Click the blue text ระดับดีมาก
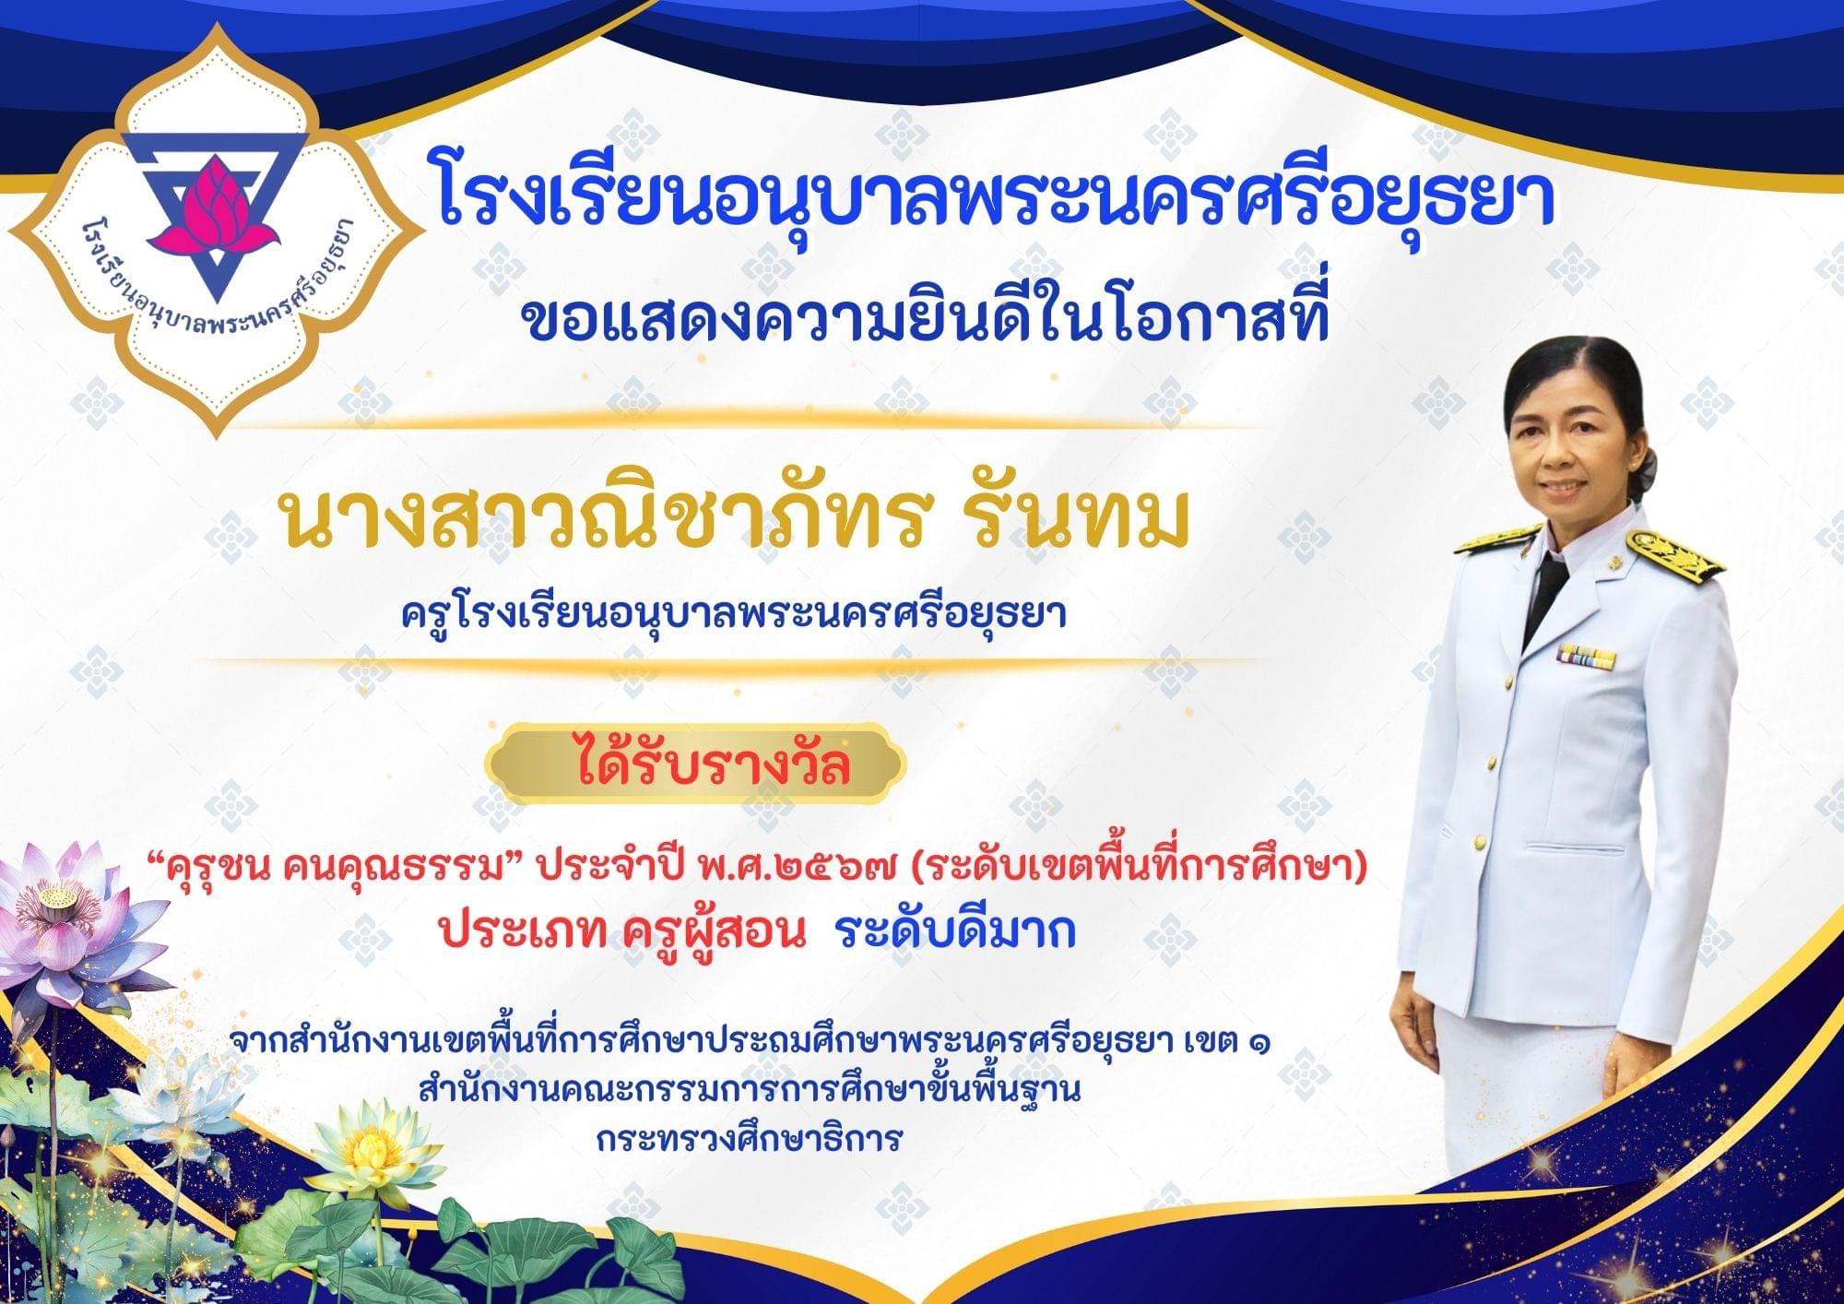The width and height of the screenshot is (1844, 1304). pyautogui.click(x=955, y=932)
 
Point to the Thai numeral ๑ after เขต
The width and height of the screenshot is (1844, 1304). pyautogui.click(x=1254, y=1044)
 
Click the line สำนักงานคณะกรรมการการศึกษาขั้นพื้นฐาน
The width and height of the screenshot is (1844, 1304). pyautogui.click(x=749, y=1091)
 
